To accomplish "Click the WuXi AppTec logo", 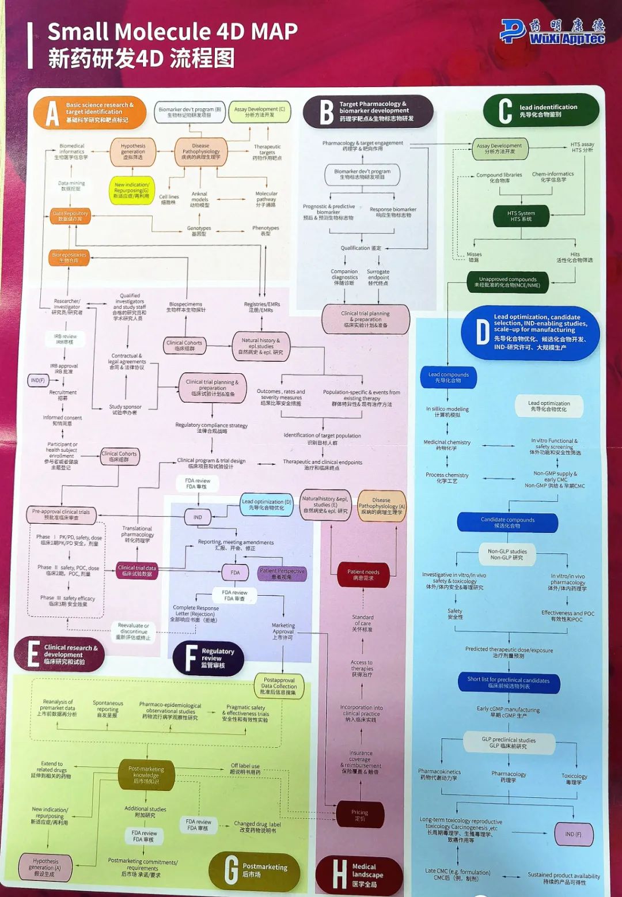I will click(x=552, y=32).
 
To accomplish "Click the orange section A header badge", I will click(x=90, y=112).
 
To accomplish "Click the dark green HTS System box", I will click(x=521, y=216).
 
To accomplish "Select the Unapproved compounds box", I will click(x=507, y=282).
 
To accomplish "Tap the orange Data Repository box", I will click(x=70, y=216).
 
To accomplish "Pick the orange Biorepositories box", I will click(x=69, y=258).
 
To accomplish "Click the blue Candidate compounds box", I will click(x=507, y=523).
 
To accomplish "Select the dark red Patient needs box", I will click(x=363, y=574).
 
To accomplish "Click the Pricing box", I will click(x=360, y=815).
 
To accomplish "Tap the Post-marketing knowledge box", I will click(x=146, y=775).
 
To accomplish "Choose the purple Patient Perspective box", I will click(x=282, y=573).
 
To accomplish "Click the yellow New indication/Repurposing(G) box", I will click(x=131, y=190).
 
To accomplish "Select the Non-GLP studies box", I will click(x=507, y=554).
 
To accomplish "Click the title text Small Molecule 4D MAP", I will click(x=172, y=31).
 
